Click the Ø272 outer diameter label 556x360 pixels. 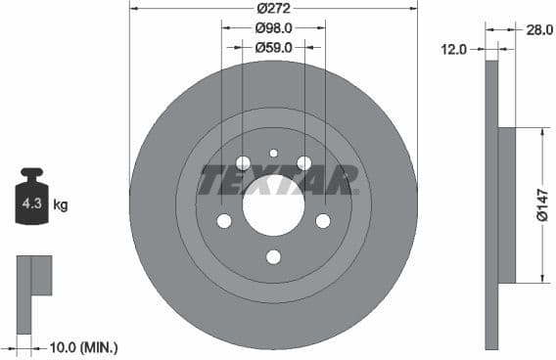(273, 10)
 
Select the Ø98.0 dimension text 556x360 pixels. (273, 28)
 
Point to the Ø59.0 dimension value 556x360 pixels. (273, 46)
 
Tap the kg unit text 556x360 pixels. (61, 205)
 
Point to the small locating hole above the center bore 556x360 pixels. (273, 154)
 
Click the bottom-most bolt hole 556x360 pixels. (273, 256)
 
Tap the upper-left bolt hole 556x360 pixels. (243, 162)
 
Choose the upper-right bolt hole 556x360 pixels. (304, 162)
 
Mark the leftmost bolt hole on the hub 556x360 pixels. (224, 221)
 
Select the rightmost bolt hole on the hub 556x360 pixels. (323, 221)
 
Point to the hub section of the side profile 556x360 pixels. (506, 205)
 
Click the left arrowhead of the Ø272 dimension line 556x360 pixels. (133, 10)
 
